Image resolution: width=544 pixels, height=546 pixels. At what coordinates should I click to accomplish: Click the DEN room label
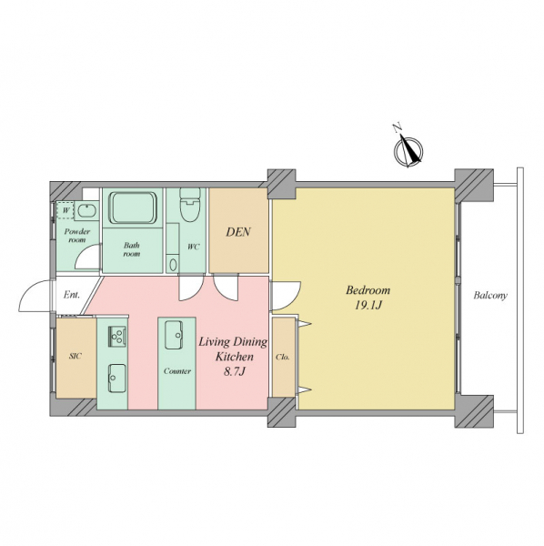(238, 232)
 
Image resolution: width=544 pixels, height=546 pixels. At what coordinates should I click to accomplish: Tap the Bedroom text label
(368, 290)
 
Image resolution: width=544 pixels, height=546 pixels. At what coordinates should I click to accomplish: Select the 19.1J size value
(368, 306)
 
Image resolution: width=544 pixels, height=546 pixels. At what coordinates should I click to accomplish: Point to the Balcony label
(490, 296)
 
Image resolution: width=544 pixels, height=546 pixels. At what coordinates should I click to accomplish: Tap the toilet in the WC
(190, 206)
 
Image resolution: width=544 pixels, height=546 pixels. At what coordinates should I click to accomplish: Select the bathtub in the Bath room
(133, 207)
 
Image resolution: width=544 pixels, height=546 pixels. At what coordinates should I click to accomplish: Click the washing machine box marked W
(65, 211)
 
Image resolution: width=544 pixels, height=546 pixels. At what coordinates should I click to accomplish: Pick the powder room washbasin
(86, 211)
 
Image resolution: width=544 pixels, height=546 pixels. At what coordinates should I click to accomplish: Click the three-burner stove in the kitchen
(117, 337)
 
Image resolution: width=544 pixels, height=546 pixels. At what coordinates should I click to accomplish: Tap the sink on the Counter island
(174, 335)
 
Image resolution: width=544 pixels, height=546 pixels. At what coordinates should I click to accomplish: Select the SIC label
(76, 356)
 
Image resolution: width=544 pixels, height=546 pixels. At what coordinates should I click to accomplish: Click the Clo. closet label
(282, 358)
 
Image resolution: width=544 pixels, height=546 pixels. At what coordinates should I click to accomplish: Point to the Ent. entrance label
(72, 295)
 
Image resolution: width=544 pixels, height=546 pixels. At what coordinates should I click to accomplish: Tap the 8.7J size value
(234, 372)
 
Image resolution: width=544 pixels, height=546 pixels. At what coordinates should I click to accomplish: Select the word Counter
(177, 371)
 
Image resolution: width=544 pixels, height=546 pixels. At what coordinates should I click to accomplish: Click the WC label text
(194, 248)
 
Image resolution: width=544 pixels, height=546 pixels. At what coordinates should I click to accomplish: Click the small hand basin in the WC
(172, 266)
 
